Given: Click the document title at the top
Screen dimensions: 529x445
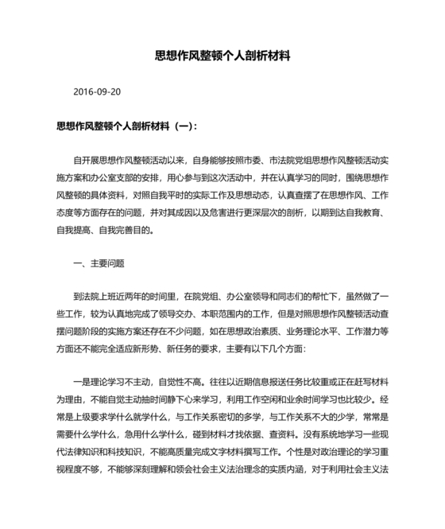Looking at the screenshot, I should coord(222,57).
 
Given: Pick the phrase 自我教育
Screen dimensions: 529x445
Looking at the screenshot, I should coord(367,212).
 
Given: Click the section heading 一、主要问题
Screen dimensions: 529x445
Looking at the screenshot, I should coord(99,263).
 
